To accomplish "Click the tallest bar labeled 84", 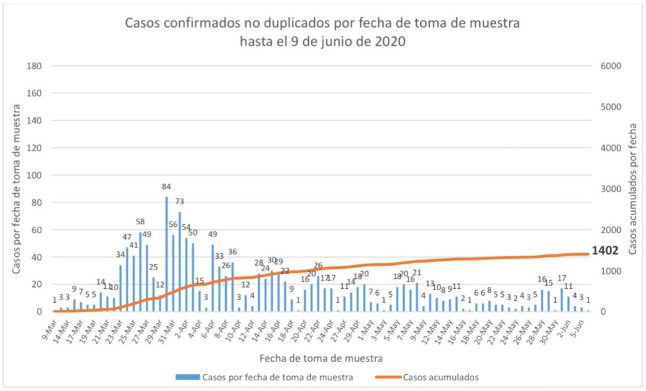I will point(167,254).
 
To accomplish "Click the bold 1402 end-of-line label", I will point(605,250).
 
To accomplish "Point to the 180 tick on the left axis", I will point(35,66).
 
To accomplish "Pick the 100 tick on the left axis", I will point(35,175).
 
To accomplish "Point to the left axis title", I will point(16,188).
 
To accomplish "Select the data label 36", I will point(232,252).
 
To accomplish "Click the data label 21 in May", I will point(417,273).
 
